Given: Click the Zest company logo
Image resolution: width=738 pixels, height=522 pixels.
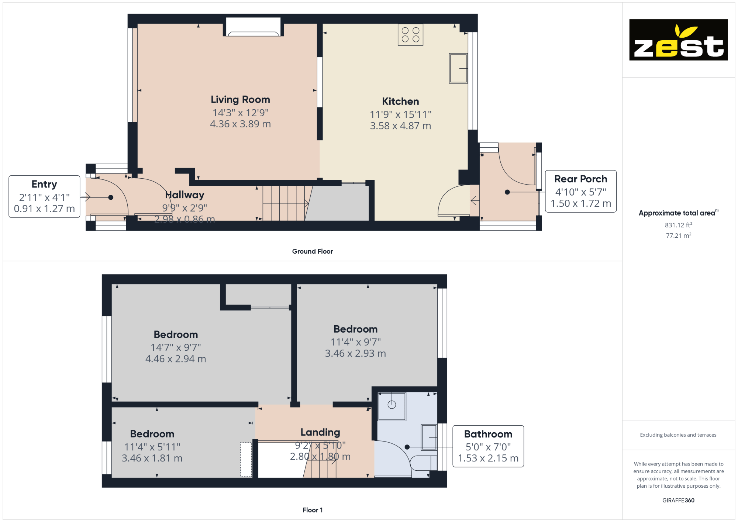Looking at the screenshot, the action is (678, 40).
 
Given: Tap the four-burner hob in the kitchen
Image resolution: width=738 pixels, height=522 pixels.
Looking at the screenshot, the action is (410, 35).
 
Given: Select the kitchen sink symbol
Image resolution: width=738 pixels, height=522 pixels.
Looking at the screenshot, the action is (458, 68).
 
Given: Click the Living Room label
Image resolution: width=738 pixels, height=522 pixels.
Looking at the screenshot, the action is (240, 100).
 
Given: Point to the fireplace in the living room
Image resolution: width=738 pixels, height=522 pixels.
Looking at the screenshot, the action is (253, 27).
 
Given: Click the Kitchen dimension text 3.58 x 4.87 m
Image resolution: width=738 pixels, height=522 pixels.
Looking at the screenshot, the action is (400, 126).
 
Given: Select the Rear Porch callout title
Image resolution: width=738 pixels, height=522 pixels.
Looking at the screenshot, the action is (580, 179).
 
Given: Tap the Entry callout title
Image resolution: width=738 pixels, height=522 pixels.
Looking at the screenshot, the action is (44, 184).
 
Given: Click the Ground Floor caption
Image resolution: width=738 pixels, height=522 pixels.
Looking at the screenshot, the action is (312, 251).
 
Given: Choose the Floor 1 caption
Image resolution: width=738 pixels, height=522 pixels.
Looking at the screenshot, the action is (313, 510).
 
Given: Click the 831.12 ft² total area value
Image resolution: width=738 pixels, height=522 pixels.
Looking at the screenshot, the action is (678, 225).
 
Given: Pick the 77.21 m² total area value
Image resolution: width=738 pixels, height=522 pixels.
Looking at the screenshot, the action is (678, 235).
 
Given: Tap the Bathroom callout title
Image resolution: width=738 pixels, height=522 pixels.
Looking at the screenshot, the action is (488, 434).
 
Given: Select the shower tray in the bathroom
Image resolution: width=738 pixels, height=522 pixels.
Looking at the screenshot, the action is (392, 406).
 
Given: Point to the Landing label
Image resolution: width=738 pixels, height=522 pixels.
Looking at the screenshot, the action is (320, 432).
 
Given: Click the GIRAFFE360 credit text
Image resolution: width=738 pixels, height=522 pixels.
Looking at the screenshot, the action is (678, 501).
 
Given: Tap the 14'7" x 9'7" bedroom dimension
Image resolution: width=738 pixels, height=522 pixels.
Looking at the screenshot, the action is (176, 347).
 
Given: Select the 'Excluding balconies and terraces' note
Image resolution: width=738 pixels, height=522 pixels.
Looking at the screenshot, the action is (678, 435).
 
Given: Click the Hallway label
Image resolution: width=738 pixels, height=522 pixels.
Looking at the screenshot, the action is (184, 195).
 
